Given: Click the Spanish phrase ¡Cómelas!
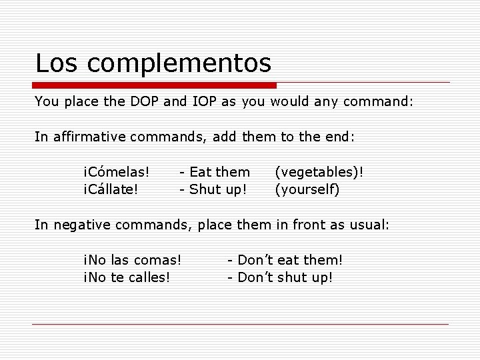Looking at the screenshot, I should (116, 172).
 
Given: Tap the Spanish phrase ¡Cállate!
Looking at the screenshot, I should (111, 189).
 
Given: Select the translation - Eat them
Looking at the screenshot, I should (215, 172).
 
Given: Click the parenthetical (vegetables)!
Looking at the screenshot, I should (319, 172).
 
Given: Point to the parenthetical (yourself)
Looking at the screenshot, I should (307, 189).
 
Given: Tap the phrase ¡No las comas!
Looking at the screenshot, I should (133, 259).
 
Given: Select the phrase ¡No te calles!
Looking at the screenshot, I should (126, 276).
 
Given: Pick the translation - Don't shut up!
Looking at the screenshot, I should (280, 276).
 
